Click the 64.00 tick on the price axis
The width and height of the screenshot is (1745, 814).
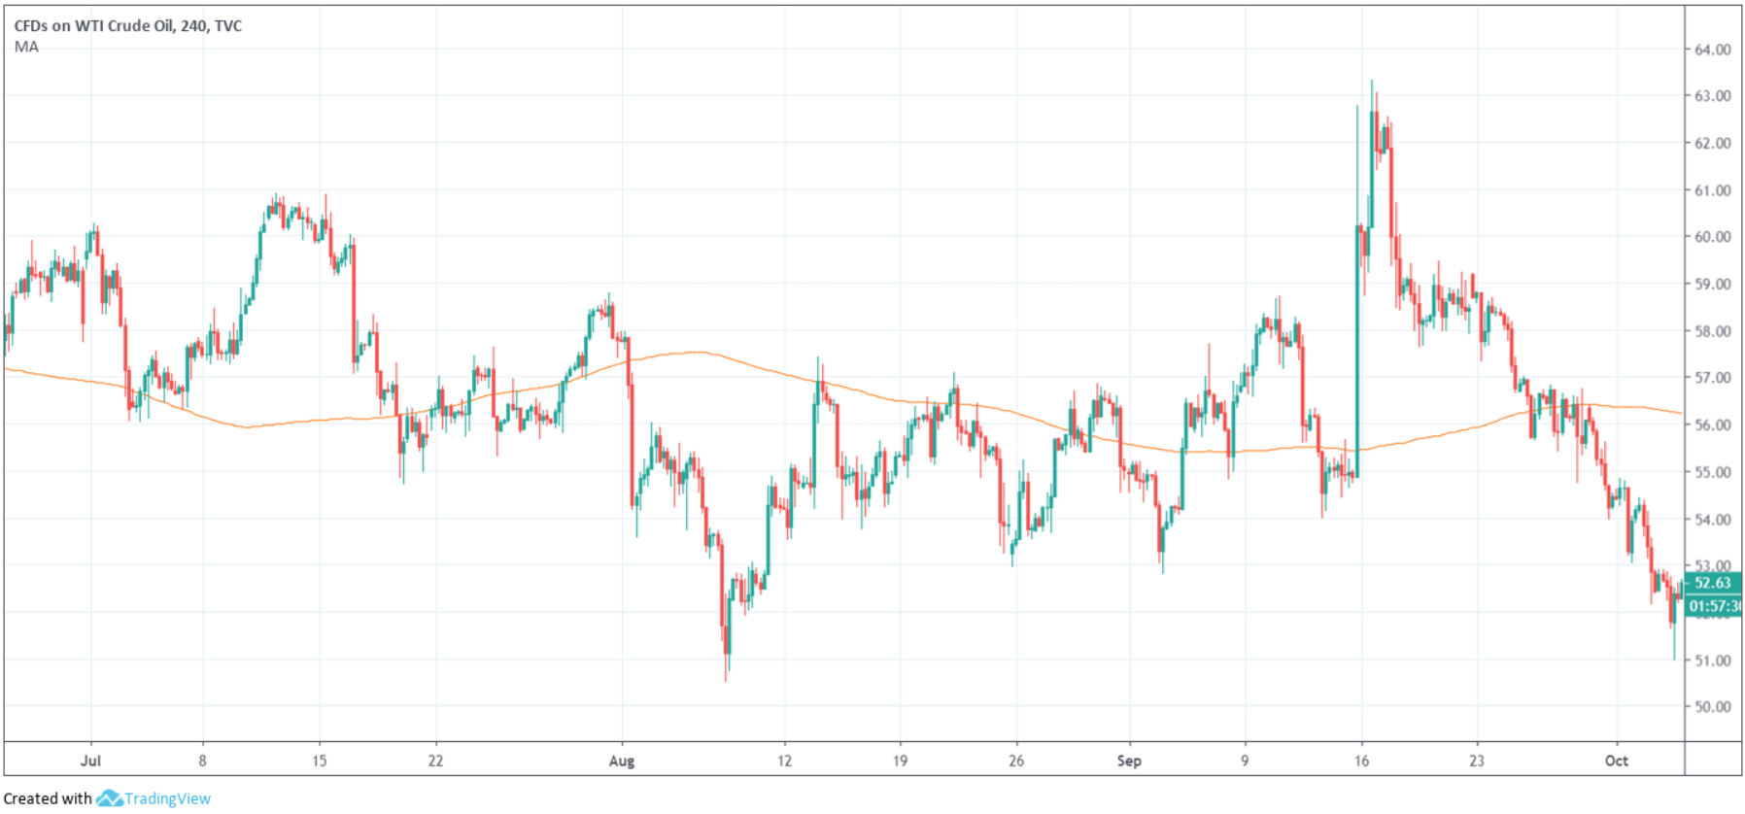pos(1712,50)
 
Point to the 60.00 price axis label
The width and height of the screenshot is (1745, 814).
pos(1712,237)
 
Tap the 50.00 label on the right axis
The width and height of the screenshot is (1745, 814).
pos(1712,707)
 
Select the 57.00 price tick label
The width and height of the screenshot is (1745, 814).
pos(1712,378)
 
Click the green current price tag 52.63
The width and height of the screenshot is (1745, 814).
pos(1712,584)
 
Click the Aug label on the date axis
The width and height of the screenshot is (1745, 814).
pos(622,761)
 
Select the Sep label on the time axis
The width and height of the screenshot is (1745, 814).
pos(1129,761)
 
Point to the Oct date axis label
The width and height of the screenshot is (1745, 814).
pos(1616,761)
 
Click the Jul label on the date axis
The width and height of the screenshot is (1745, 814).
pos(90,761)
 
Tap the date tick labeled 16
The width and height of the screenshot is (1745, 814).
pos(1361,761)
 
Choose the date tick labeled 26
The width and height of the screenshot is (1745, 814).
pos(1016,761)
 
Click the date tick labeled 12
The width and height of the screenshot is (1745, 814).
pos(784,761)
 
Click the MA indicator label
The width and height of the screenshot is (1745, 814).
pos(26,47)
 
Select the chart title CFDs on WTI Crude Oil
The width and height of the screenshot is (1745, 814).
pos(127,26)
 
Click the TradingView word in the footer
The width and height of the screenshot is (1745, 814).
pos(167,798)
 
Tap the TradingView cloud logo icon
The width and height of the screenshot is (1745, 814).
pos(109,798)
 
